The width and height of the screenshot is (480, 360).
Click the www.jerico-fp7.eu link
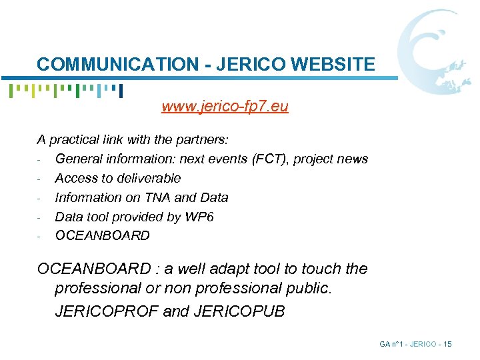pos(225,107)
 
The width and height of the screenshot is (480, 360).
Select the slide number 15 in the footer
pos(447,344)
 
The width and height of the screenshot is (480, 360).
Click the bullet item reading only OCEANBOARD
pos(102,235)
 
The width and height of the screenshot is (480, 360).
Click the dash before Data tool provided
pos(41,217)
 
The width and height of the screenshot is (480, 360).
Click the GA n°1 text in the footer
pos(393,344)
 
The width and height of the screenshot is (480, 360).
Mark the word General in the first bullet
pos(80,159)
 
